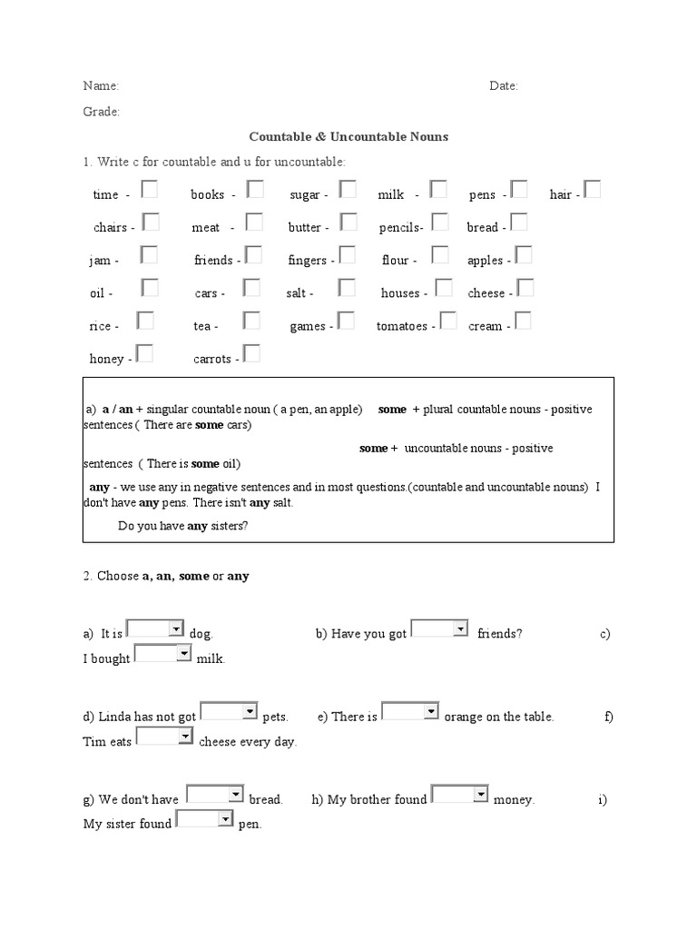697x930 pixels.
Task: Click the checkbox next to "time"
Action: [150, 190]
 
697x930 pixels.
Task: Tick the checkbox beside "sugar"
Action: [347, 190]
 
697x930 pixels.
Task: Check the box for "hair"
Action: [593, 190]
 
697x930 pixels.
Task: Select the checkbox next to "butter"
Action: [348, 223]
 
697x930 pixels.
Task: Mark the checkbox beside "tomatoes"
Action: [447, 321]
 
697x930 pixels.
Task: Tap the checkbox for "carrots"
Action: [251, 353]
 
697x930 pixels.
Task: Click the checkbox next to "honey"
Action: [143, 353]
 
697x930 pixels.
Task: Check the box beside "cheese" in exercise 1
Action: [525, 288]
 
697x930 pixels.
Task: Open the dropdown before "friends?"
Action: [440, 628]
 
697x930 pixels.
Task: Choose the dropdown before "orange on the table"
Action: [410, 711]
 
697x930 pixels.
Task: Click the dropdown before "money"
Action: [460, 795]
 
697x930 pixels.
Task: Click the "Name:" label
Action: [101, 86]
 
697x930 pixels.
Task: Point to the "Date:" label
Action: [504, 86]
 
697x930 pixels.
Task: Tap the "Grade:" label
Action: [102, 112]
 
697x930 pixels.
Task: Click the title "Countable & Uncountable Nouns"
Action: [348, 137]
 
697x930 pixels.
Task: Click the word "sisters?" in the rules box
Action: [230, 526]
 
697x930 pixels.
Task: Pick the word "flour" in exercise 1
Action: [396, 261]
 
